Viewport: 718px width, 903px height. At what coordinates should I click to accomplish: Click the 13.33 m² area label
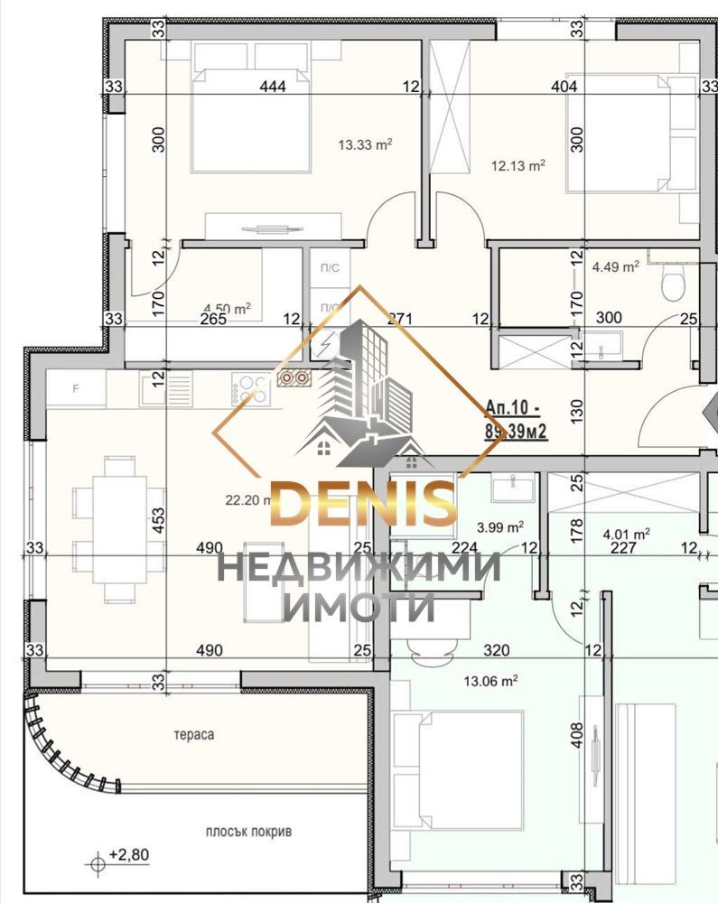point(364,144)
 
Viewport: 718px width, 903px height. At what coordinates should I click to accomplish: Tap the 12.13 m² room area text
point(518,165)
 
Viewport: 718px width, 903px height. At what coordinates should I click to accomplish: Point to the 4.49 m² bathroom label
point(616,266)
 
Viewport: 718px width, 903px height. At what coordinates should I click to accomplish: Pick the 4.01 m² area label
point(627,533)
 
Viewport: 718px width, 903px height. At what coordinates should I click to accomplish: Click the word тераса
point(194,735)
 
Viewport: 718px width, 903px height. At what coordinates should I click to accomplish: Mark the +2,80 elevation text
point(126,853)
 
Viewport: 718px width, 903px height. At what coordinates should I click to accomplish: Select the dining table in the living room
point(112,528)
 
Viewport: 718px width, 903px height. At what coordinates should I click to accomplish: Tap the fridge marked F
point(76,389)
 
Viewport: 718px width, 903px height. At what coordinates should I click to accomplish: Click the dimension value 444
point(272,88)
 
